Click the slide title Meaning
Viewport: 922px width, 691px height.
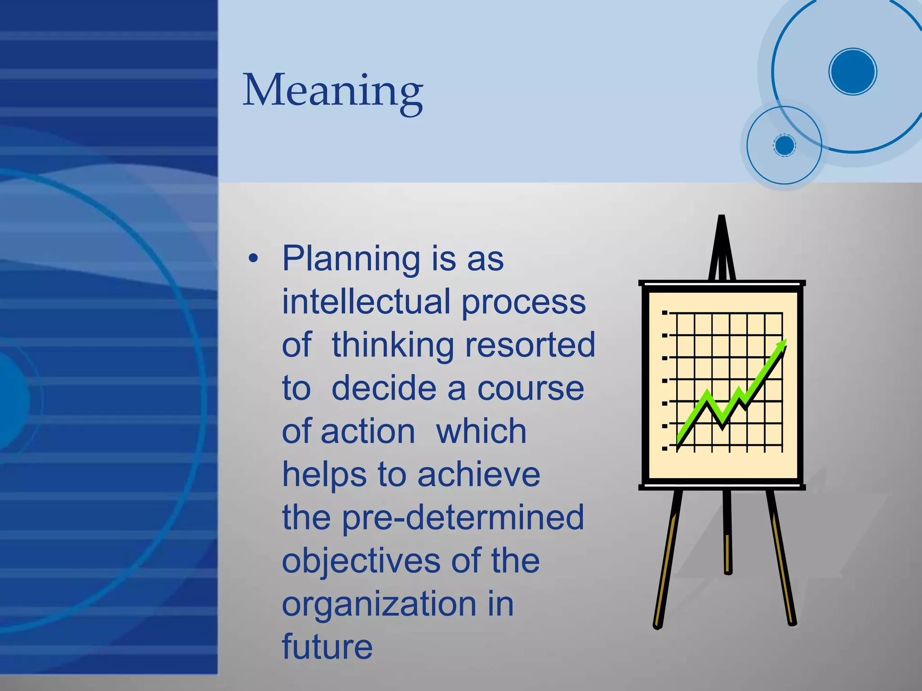333,91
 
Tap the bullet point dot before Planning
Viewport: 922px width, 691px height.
253,258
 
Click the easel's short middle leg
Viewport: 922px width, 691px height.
728,531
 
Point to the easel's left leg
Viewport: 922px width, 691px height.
667,558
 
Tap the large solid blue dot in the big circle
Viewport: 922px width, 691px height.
853,72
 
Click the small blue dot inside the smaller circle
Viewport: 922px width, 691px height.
785,145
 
